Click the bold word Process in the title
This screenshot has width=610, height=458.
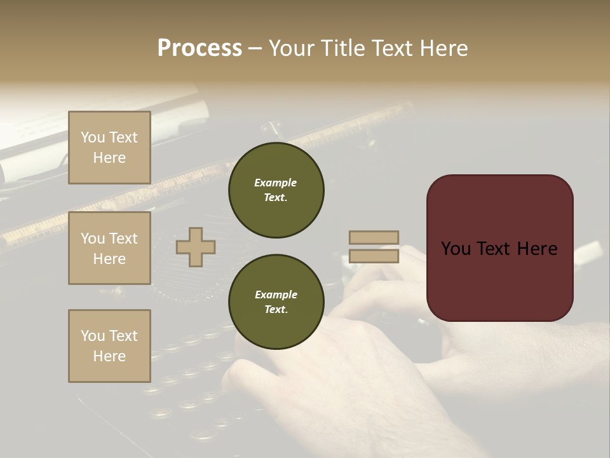click(200, 48)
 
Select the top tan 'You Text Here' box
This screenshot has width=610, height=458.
click(109, 148)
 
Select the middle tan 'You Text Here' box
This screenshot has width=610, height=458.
click(109, 248)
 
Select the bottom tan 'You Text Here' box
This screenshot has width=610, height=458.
click(109, 346)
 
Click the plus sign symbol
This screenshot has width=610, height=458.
click(196, 247)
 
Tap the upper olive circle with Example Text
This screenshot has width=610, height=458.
click(276, 190)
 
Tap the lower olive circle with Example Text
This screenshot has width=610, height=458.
click(276, 302)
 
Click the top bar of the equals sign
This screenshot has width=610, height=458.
click(374, 237)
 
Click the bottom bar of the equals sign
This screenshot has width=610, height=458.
click(374, 256)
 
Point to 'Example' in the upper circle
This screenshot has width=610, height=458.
click(276, 183)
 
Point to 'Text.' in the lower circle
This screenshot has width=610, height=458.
click(276, 310)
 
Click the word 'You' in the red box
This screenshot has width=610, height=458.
click(456, 249)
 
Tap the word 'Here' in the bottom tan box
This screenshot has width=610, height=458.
click(109, 356)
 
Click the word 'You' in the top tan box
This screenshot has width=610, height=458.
click(93, 137)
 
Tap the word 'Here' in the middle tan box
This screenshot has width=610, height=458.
click(109, 259)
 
